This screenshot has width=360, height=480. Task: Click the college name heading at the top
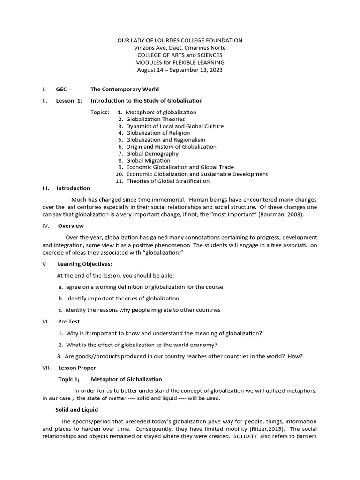tap(180, 41)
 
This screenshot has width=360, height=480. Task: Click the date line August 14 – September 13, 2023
tap(180, 70)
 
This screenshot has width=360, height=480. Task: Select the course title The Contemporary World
tap(124, 89)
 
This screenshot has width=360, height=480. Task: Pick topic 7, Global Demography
tap(152, 153)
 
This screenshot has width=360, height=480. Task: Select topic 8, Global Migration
tap(148, 160)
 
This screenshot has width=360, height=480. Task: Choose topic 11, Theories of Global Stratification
tap(167, 181)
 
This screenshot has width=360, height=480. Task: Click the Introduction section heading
tap(73, 188)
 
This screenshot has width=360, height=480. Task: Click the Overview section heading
tap(71, 225)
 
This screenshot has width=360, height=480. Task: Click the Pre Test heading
tap(68, 322)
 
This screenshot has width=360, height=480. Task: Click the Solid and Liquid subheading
tap(76, 410)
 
